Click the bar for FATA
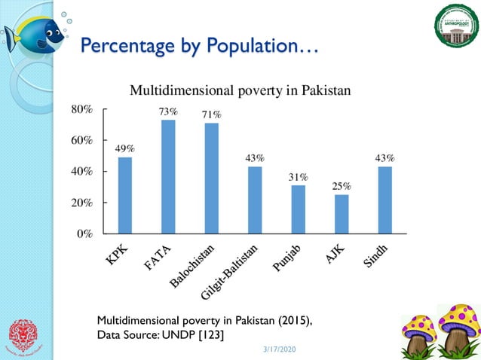coord(168,176)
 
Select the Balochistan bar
coord(212,178)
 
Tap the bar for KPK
coord(125,195)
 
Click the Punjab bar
coord(299,209)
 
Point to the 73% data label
coord(168,111)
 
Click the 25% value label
coord(342,185)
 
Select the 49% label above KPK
coord(125,148)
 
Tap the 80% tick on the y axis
coord(82,108)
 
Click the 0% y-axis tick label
coord(85,233)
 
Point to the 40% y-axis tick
coord(82,171)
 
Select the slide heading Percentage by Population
coord(199,47)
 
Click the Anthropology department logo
coord(455,27)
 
